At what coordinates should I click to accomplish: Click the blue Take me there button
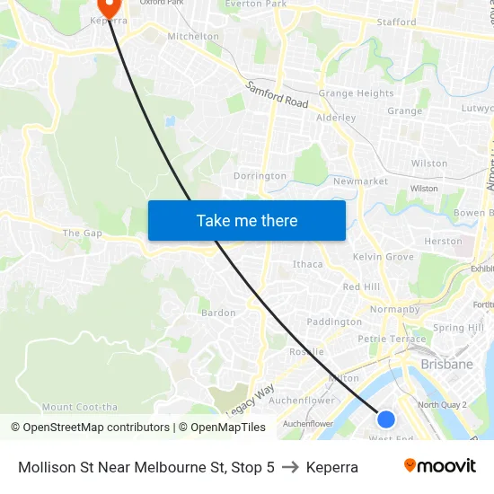click(x=247, y=220)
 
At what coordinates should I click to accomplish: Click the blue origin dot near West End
click(x=386, y=419)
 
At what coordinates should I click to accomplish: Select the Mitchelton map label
click(x=193, y=37)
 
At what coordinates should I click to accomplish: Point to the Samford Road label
click(x=278, y=95)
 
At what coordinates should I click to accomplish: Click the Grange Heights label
click(x=356, y=93)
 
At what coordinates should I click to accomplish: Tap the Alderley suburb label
click(x=336, y=118)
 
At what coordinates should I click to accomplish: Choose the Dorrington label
click(x=260, y=176)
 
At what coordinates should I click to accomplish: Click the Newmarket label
click(x=360, y=181)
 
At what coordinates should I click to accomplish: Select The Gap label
click(x=83, y=234)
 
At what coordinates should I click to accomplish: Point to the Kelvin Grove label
click(x=384, y=257)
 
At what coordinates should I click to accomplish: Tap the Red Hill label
click(x=361, y=287)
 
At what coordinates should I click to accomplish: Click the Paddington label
click(x=334, y=322)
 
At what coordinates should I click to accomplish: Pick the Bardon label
click(x=218, y=313)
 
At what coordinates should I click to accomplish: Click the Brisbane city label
click(x=446, y=365)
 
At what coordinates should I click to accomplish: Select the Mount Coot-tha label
click(x=80, y=407)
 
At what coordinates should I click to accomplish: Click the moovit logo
click(x=439, y=466)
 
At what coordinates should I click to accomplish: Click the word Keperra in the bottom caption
click(x=332, y=467)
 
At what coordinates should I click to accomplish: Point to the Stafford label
click(x=396, y=22)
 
